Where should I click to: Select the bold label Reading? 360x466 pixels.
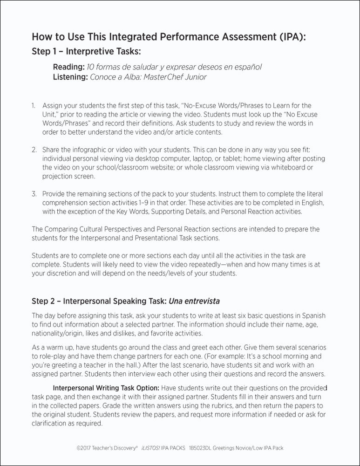tap(68, 67)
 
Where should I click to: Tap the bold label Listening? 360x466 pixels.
tap(71, 77)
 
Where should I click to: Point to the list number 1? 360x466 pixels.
tap(34, 106)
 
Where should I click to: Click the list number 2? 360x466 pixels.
tap(34, 150)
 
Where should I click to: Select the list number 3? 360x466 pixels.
tap(34, 194)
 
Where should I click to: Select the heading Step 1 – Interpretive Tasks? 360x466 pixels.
tap(86, 51)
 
